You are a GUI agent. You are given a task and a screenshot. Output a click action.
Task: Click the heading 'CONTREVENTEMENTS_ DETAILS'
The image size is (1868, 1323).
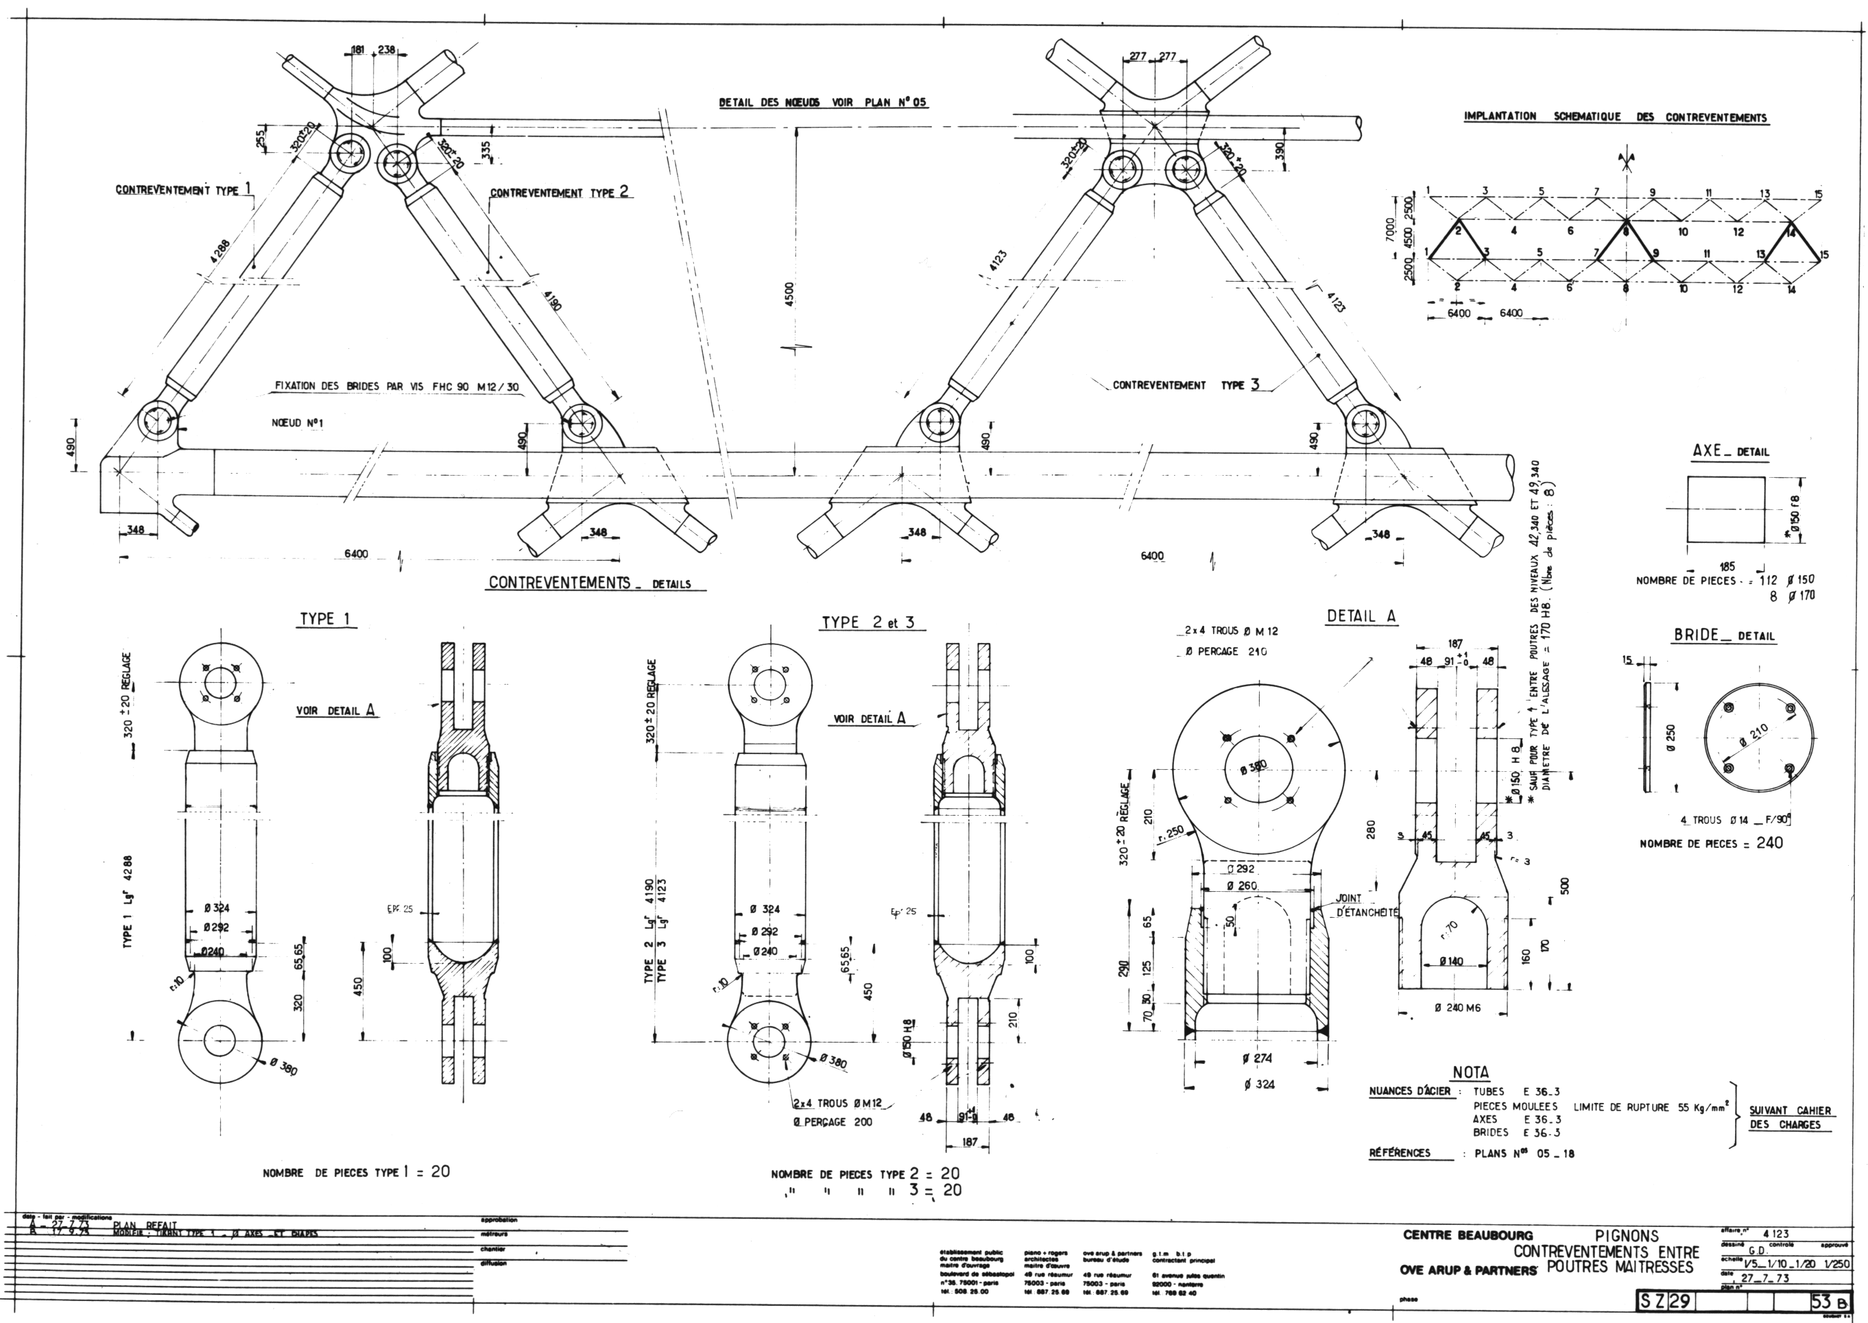coord(597,583)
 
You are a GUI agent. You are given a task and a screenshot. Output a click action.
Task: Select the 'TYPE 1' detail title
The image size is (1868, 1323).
coord(325,618)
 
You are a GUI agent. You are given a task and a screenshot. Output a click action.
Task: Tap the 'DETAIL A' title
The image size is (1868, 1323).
coord(1362,617)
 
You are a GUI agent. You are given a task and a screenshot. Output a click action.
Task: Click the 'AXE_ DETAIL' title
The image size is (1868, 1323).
coord(1730,450)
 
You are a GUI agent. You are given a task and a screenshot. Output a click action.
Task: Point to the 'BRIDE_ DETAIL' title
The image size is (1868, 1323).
coord(1724,635)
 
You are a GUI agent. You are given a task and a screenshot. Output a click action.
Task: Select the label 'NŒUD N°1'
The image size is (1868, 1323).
coord(297,424)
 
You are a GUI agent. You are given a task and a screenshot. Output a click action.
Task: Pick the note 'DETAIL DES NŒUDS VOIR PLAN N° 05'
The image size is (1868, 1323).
coord(822,104)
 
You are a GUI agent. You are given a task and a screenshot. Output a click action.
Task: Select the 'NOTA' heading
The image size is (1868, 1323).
coord(1470,1072)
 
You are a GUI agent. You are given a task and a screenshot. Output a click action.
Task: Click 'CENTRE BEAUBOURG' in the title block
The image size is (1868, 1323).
coord(1467,1235)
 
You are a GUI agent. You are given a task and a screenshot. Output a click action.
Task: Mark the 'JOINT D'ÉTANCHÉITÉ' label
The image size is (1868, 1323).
coord(1367,906)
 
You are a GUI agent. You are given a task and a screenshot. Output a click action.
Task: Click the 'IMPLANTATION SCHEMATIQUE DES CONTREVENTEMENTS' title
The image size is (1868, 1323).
coord(1616,117)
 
